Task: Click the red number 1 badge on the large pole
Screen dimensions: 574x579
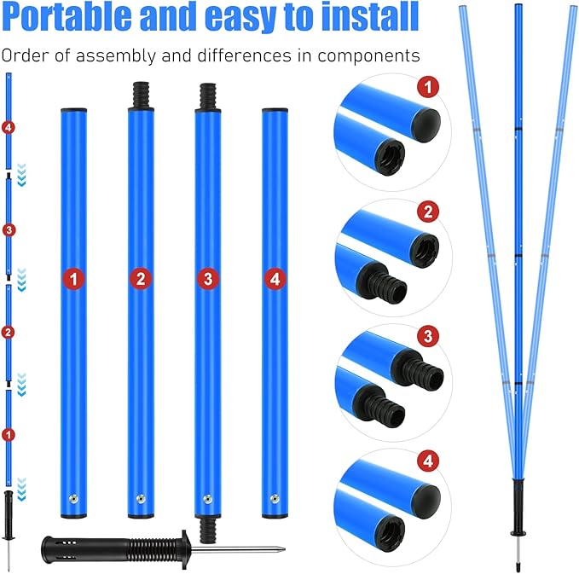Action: point(74,278)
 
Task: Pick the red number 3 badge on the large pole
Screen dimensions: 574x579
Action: point(207,278)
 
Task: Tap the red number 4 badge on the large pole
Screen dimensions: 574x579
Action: point(274,278)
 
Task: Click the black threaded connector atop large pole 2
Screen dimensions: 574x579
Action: point(141,95)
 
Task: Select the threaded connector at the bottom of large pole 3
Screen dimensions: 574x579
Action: point(207,531)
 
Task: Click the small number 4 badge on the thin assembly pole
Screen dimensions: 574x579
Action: point(9,129)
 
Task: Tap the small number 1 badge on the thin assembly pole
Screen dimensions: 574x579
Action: point(9,434)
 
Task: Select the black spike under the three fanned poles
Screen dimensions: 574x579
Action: point(518,512)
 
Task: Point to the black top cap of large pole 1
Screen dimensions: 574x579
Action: point(74,111)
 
